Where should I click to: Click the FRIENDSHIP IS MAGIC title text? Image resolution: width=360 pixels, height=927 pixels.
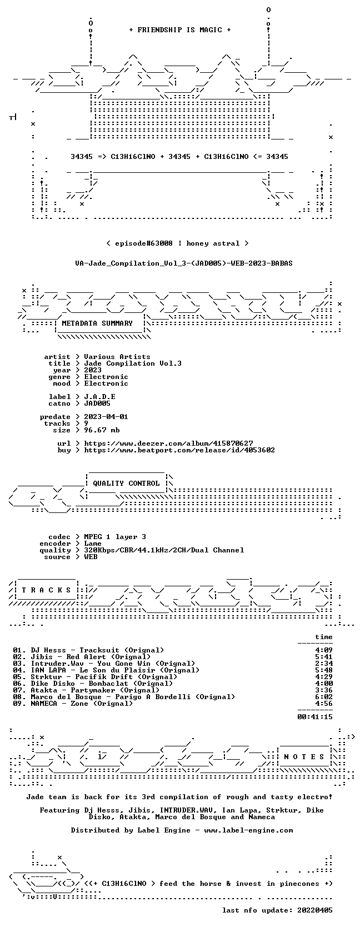coord(179,30)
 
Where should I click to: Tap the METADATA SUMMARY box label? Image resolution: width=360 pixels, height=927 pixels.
coord(97,323)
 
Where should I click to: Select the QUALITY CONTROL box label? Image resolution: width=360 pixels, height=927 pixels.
coord(126,484)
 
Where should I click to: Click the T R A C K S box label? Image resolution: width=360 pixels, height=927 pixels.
coord(46,590)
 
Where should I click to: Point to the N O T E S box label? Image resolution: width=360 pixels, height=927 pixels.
coord(304,757)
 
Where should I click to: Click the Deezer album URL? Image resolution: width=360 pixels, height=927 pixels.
coord(168,443)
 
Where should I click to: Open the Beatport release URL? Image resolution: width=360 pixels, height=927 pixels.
coord(179,450)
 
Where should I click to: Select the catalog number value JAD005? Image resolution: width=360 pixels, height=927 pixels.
coord(97,403)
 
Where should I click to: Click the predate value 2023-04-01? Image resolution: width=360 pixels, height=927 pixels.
coord(106,417)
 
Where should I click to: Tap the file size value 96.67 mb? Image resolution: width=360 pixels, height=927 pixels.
coord(102,430)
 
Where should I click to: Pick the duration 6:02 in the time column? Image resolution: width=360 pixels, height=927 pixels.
coord(323,697)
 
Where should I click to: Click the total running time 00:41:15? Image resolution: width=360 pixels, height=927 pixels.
coord(315,717)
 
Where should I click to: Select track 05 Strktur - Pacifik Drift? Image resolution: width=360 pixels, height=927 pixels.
coord(95,677)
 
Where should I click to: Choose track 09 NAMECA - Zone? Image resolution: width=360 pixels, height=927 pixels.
coord(73,704)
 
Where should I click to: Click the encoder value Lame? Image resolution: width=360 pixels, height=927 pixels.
coord(93,544)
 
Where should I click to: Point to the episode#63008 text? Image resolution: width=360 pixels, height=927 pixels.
coord(143,243)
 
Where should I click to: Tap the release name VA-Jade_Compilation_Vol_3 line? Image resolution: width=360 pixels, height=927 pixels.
coord(184,263)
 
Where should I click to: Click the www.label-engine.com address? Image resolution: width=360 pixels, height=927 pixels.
coord(248,830)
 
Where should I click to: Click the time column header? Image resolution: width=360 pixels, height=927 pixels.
coord(323,637)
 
